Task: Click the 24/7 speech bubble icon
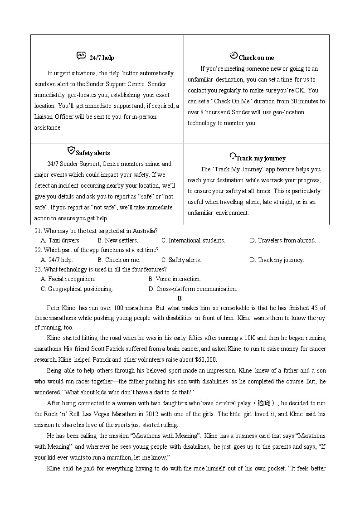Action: [x=81, y=56]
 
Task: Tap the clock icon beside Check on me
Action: [x=234, y=55]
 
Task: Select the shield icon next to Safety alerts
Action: [x=71, y=150]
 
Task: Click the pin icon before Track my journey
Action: [x=233, y=156]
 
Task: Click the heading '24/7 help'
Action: [x=102, y=58]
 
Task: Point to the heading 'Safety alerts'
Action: [x=92, y=153]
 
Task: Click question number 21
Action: [x=38, y=231]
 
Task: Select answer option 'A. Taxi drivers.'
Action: [x=60, y=241]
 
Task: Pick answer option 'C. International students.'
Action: [x=193, y=241]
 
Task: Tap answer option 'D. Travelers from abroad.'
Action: [x=282, y=241]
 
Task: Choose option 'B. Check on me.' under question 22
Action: [x=119, y=260]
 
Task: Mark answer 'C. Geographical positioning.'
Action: [x=77, y=289]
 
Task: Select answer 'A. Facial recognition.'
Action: [x=68, y=279]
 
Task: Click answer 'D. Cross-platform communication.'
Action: [x=192, y=289]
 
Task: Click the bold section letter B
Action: [x=180, y=299]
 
